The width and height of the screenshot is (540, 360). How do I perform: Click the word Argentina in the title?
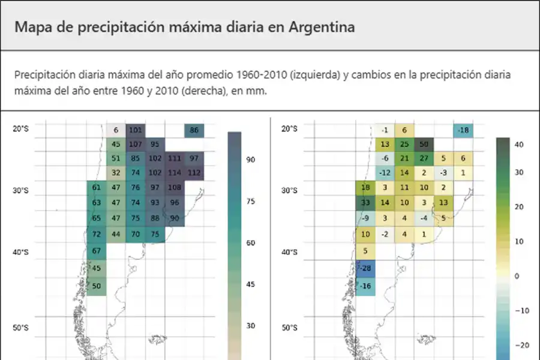click(320, 27)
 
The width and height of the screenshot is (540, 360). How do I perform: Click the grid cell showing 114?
click(175, 172)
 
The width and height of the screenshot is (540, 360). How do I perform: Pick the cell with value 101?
click(136, 130)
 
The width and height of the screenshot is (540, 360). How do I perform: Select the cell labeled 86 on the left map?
click(194, 130)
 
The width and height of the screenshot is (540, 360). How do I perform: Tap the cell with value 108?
click(175, 187)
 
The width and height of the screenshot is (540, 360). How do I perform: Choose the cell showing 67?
click(97, 250)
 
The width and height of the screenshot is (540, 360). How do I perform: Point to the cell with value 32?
click(116, 172)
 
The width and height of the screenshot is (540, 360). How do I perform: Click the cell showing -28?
click(365, 267)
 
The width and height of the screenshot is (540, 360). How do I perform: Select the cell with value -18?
click(463, 130)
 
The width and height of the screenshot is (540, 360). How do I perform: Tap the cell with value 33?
click(365, 202)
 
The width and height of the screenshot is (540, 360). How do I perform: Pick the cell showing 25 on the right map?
click(404, 144)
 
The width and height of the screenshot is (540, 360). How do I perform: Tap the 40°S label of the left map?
click(21, 253)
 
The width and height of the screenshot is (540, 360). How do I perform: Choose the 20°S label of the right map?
click(289, 128)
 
